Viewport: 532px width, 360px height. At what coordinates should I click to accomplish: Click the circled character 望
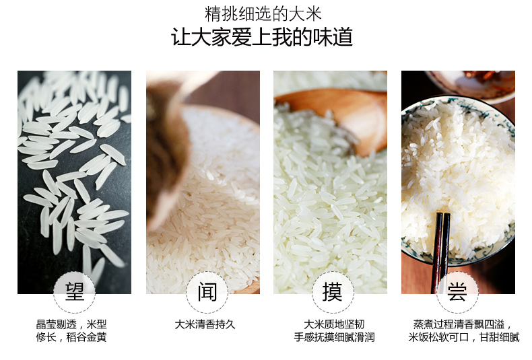(x=75, y=291)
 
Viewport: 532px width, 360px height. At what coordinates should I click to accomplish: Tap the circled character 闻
(x=207, y=291)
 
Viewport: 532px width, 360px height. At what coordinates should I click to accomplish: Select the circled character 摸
(x=332, y=291)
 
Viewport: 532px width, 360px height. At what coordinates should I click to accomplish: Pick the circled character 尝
(x=457, y=291)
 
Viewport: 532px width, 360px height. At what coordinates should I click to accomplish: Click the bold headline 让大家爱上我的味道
(x=262, y=37)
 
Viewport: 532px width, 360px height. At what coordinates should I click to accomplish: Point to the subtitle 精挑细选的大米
(x=263, y=14)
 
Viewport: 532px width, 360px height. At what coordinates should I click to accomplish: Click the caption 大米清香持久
(x=205, y=324)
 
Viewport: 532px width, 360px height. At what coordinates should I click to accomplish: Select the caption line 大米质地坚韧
(x=334, y=324)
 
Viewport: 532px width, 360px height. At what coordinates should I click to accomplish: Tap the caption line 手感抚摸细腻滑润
(x=334, y=337)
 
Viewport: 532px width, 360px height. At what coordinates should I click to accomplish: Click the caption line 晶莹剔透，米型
(x=71, y=324)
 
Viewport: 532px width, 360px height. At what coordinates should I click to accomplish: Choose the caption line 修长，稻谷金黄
(x=71, y=337)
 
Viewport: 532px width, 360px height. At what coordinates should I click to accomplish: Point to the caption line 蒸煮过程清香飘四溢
(x=462, y=324)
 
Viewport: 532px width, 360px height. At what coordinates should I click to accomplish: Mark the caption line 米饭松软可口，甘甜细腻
(x=464, y=337)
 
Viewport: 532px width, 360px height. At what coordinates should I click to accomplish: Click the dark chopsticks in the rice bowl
(x=440, y=252)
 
